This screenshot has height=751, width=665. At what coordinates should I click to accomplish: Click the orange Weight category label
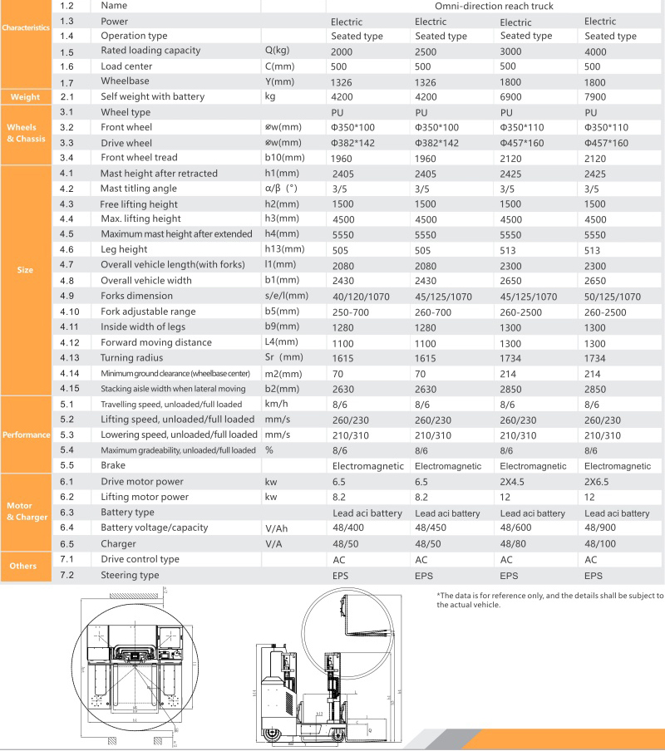click(25, 97)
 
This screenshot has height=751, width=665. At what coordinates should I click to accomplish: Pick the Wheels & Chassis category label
click(25, 133)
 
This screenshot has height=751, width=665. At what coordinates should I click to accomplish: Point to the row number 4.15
click(70, 388)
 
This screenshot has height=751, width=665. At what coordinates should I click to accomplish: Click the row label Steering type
click(130, 575)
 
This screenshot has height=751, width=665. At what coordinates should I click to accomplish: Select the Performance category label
click(25, 434)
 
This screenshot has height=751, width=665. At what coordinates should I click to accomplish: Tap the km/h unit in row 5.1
click(276, 405)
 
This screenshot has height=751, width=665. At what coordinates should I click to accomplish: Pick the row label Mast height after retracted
click(159, 174)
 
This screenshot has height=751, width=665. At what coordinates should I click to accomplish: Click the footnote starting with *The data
click(549, 600)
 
